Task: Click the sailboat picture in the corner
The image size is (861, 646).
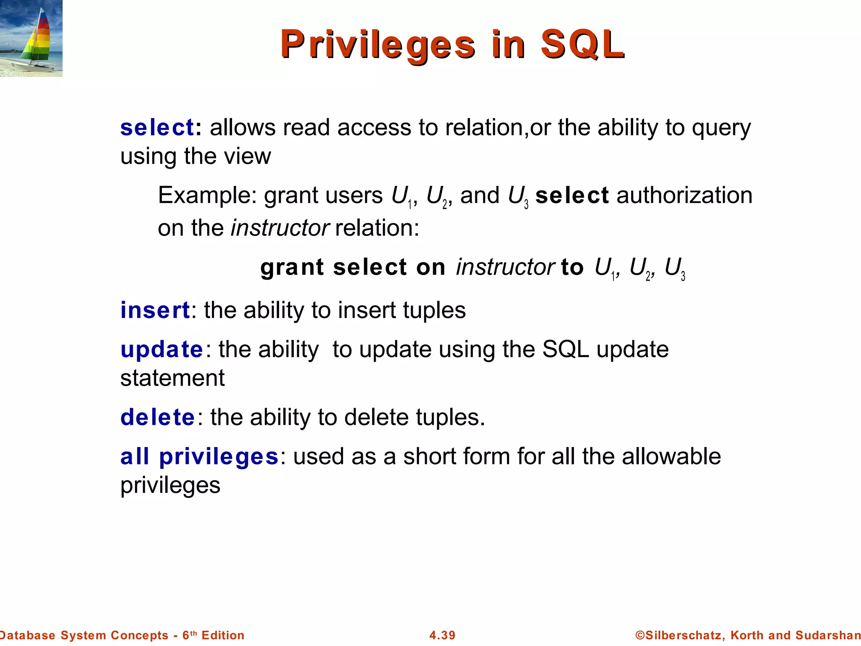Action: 31,38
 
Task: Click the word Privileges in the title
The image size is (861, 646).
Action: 378,45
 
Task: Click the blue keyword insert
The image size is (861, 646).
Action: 155,310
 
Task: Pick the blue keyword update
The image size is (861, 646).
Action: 162,349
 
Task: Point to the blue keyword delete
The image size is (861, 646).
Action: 158,417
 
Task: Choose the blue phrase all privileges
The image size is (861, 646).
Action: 199,457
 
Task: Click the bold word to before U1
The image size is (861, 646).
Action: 572,267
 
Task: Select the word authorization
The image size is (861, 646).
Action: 684,196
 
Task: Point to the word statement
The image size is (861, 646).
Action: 172,378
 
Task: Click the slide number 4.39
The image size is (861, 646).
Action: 442,635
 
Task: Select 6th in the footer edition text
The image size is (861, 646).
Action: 189,635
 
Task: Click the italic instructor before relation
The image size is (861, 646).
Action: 280,228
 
